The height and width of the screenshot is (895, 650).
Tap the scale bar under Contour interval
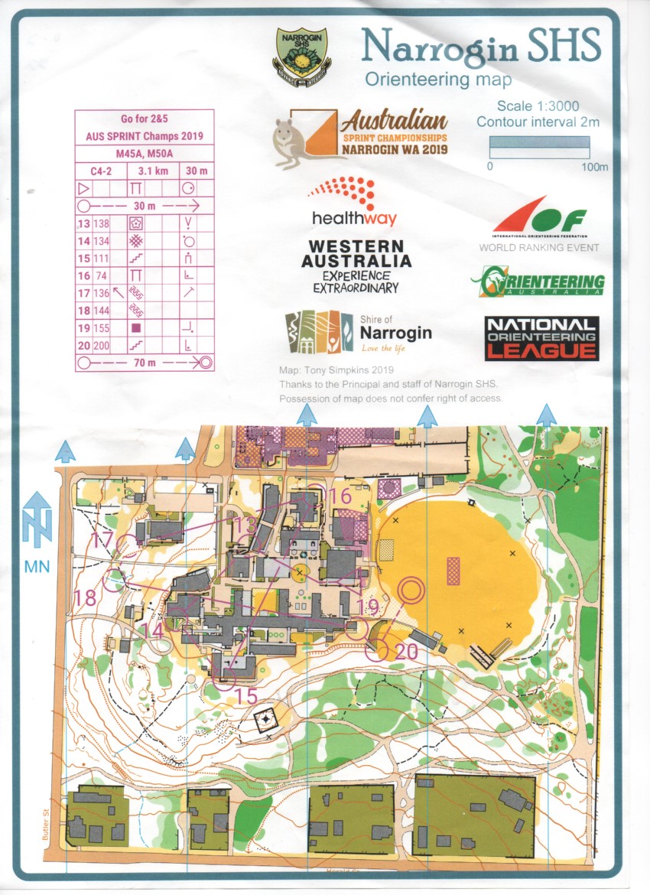[540, 142]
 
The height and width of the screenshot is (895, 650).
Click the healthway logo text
[354, 218]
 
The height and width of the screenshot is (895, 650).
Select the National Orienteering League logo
[541, 337]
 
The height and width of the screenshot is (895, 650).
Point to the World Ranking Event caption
[538, 248]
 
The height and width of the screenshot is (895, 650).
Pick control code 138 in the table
[101, 223]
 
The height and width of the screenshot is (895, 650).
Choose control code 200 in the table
[101, 345]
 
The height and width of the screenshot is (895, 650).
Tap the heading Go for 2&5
[144, 119]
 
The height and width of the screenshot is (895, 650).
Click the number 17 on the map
[102, 540]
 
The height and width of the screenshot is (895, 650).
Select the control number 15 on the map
[246, 696]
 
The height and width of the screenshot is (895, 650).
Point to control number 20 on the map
[407, 651]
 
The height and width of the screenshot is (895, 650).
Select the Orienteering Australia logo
[538, 282]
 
